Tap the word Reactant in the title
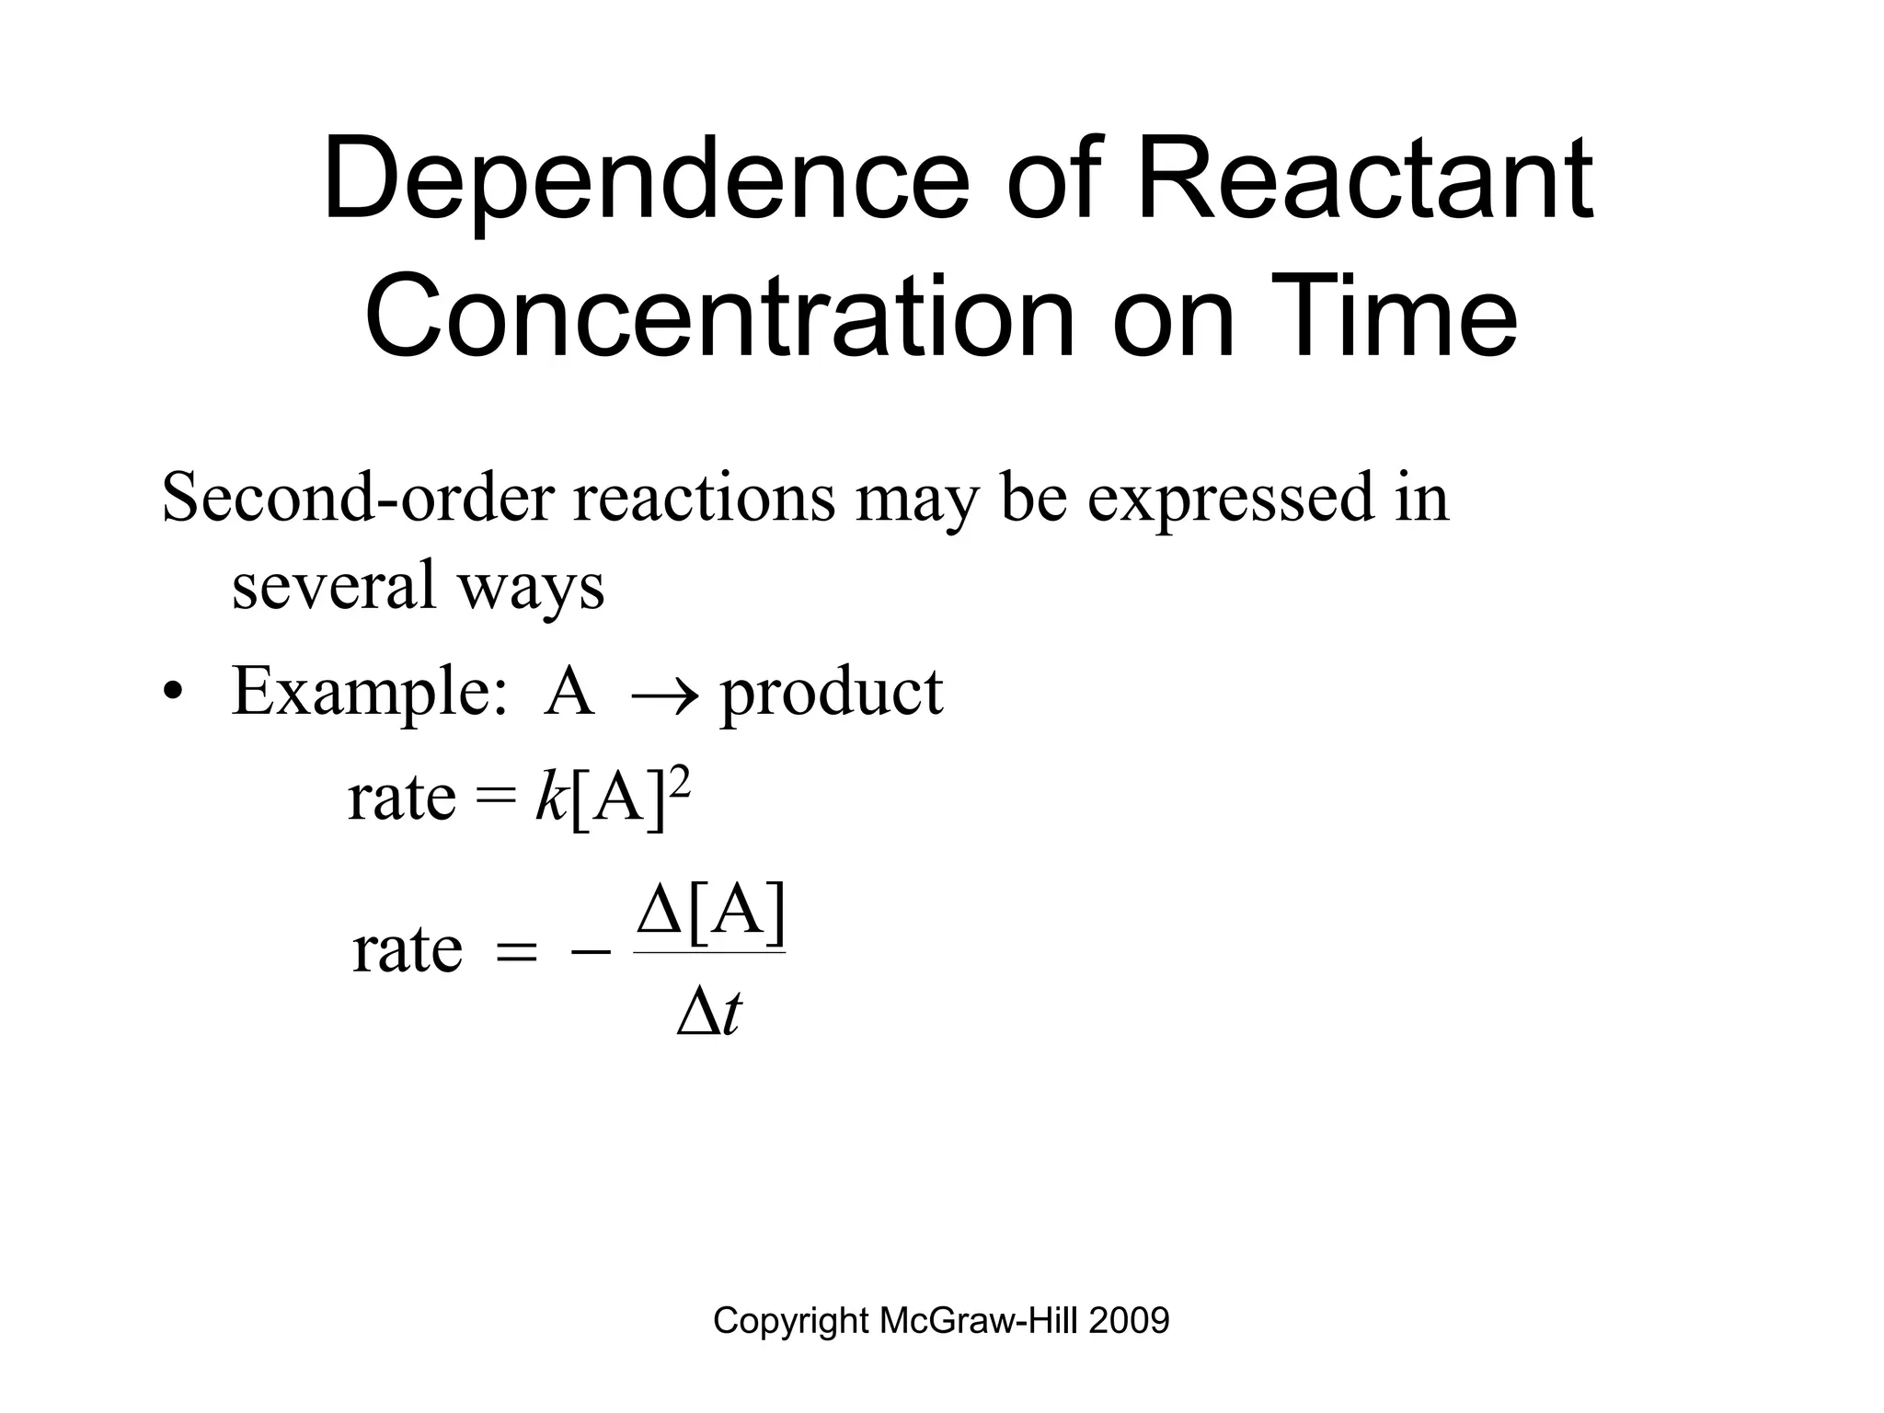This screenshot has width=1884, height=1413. [x=1365, y=179]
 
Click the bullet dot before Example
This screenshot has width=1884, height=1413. [x=169, y=692]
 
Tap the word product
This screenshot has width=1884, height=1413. [x=832, y=692]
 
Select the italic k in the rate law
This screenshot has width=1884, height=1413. [x=550, y=797]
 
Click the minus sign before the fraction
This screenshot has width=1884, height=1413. [x=590, y=952]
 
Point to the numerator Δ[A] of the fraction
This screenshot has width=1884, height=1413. [x=711, y=913]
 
